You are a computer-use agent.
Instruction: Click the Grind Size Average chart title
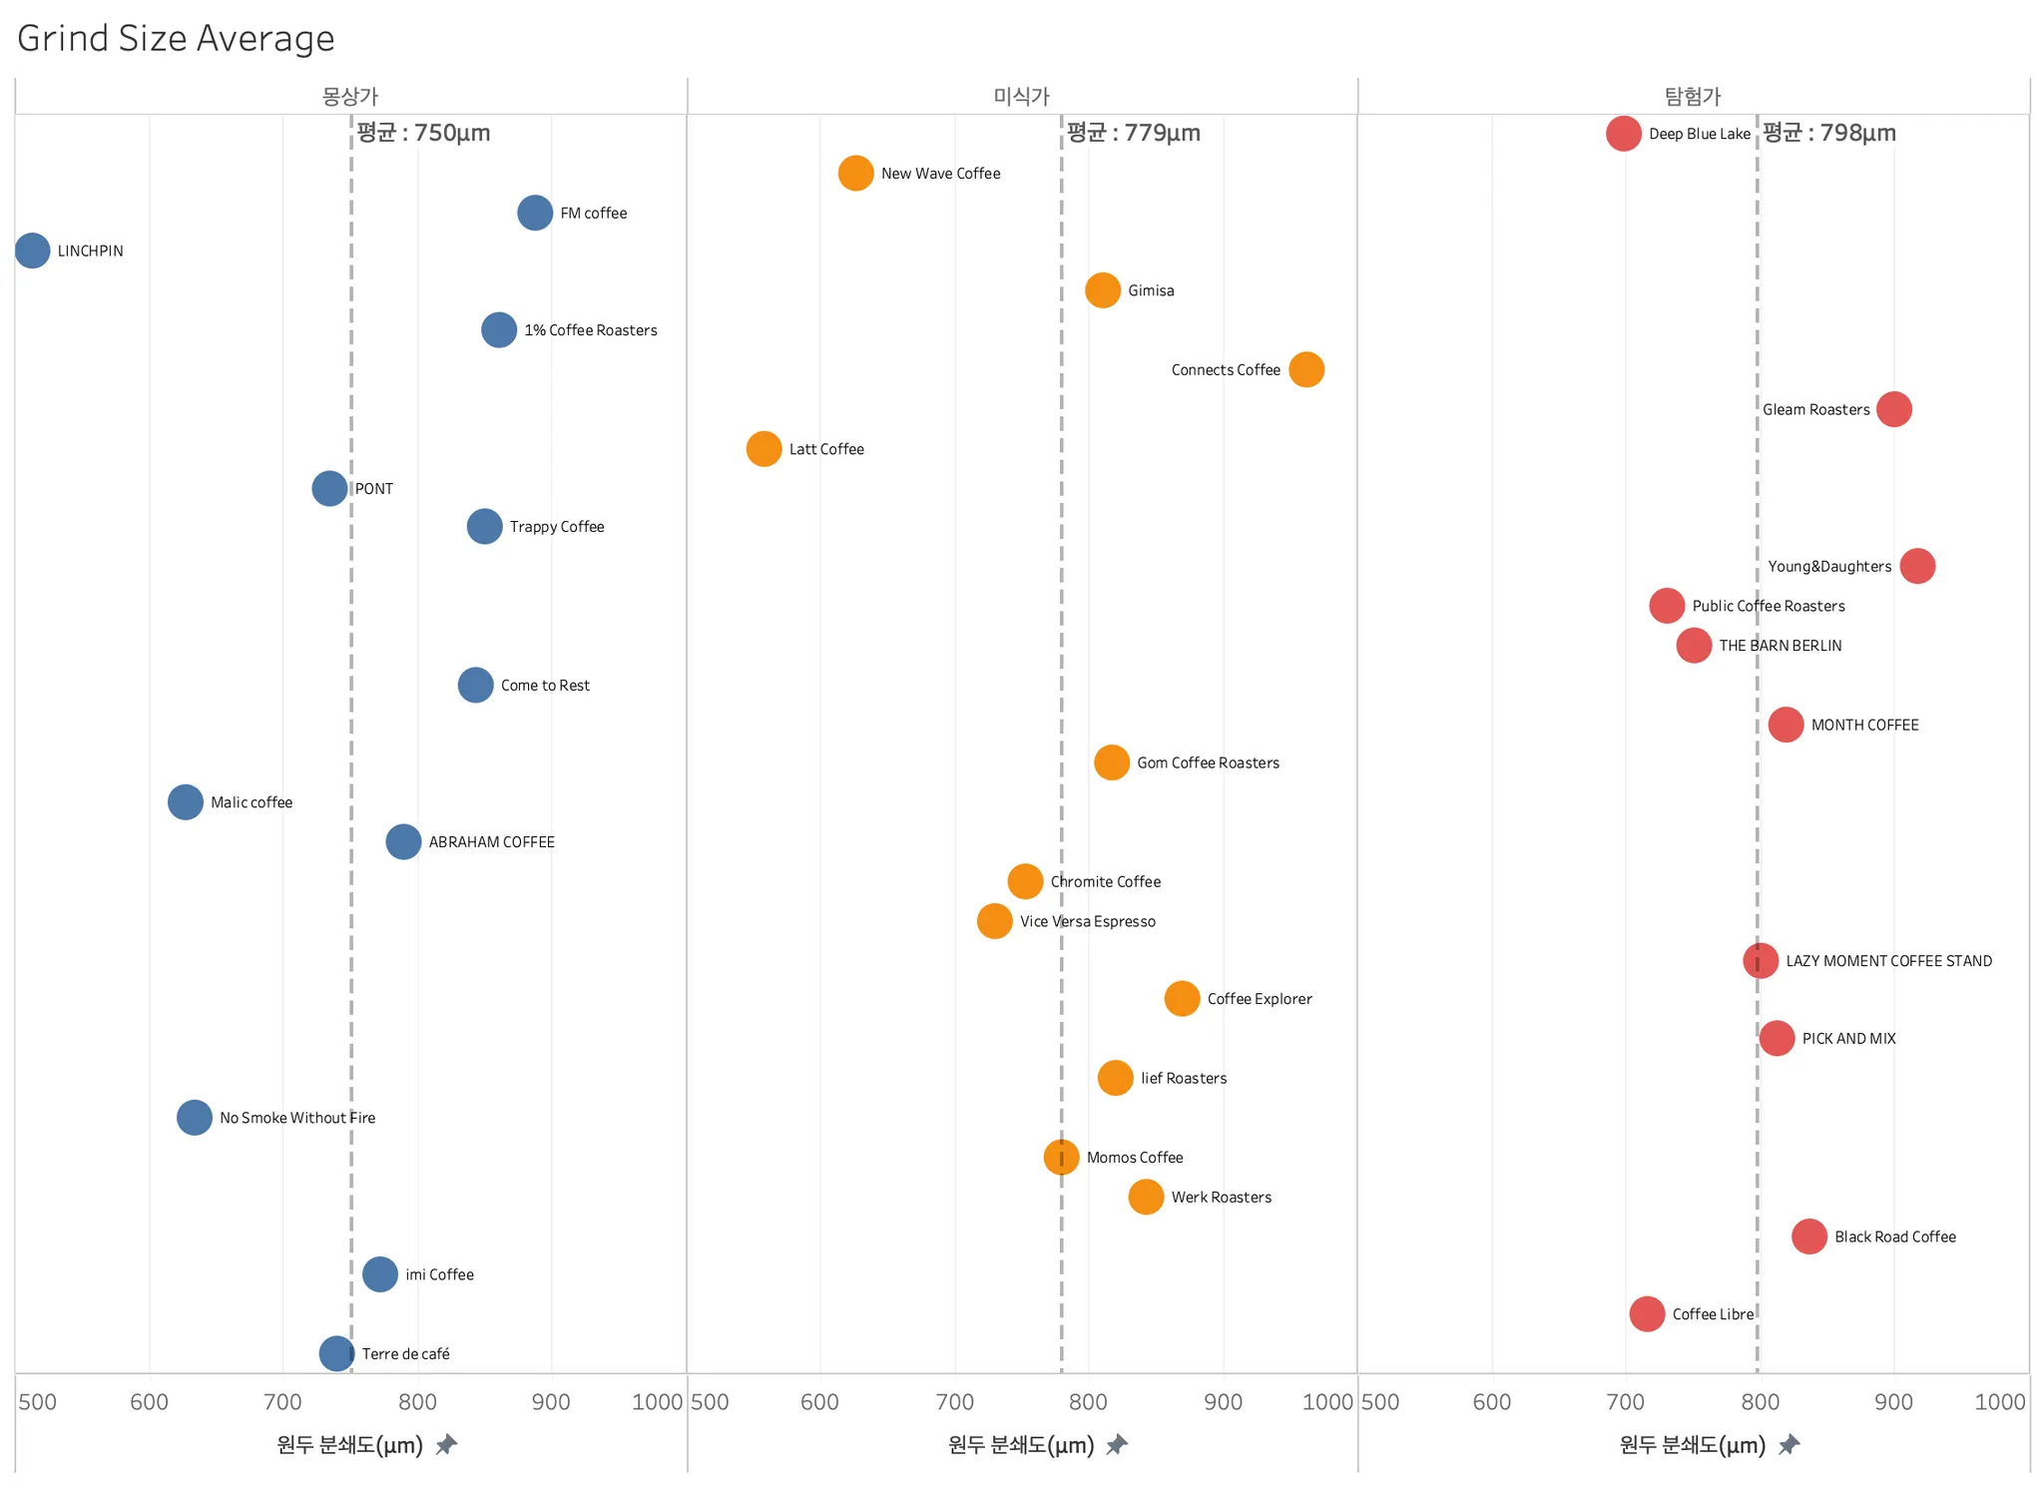pos(176,38)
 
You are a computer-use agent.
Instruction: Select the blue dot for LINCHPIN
pos(32,250)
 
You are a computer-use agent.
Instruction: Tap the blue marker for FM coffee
pos(535,213)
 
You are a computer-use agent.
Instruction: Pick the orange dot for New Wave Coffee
pos(855,173)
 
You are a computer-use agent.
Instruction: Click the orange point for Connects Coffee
pos(1305,369)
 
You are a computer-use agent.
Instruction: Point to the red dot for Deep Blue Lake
pos(1623,134)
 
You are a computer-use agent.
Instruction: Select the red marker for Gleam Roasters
pos(1893,409)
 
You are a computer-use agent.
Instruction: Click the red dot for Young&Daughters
pos(1916,566)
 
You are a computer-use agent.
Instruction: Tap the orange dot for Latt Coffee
pos(764,449)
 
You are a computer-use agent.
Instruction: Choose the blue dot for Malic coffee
pos(185,801)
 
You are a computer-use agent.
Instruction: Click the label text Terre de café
pos(405,1354)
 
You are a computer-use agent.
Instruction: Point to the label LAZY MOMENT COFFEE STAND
pos(1888,961)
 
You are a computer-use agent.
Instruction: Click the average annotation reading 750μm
pos(423,133)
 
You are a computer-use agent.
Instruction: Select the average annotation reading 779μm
pos(1133,133)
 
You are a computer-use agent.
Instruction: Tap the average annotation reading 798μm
pos(1828,133)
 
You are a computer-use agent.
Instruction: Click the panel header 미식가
pos(1021,96)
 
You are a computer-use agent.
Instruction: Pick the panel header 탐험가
pos(1693,96)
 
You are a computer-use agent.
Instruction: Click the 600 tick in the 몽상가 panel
pos(149,1402)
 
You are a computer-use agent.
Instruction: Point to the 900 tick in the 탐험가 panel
pos(1893,1402)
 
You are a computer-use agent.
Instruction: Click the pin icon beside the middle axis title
pos(1117,1444)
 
